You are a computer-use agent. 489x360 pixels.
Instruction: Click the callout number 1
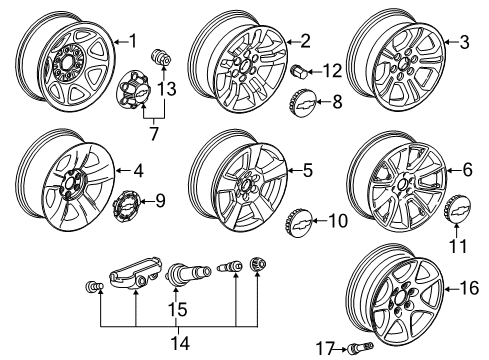pyautogui.click(x=130, y=40)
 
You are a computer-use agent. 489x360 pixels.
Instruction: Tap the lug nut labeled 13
pyautogui.click(x=158, y=54)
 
